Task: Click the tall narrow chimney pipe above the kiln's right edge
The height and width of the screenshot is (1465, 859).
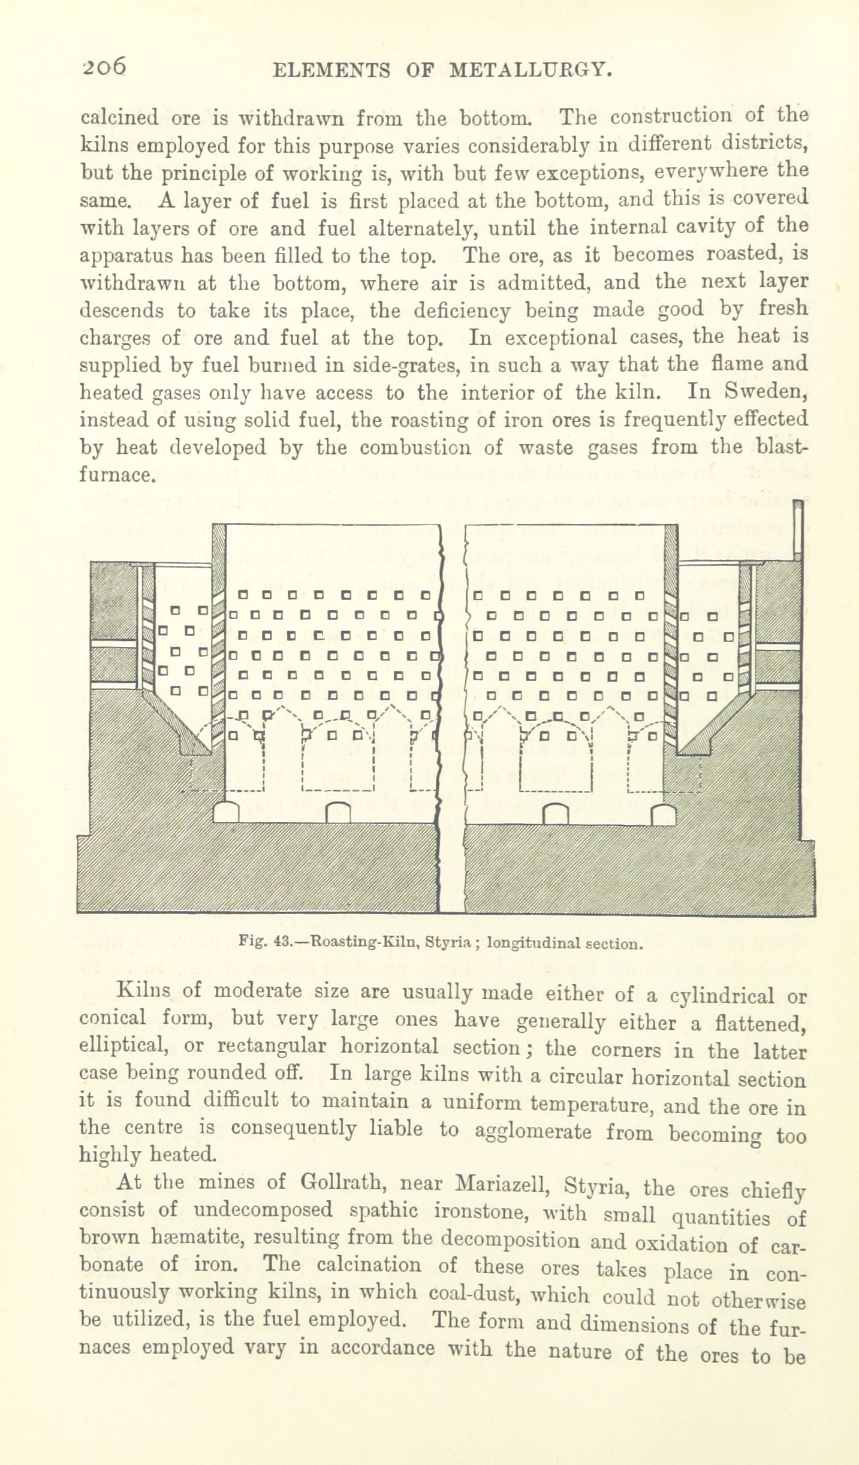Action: [x=797, y=529]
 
